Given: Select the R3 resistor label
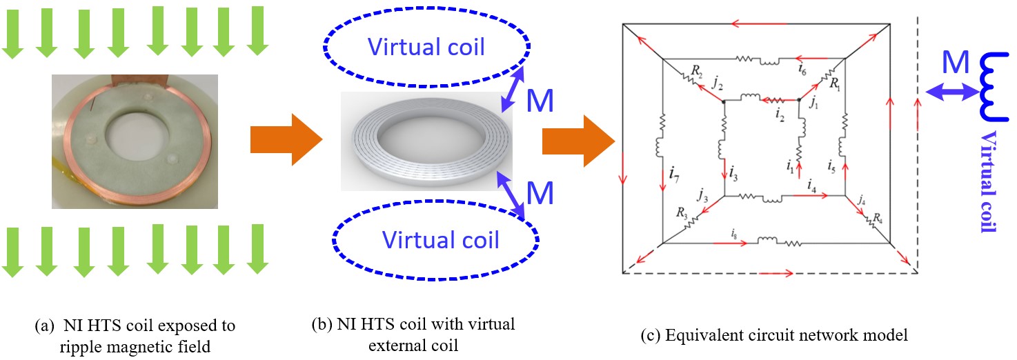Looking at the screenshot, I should (x=682, y=213).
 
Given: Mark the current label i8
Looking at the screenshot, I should (x=735, y=233).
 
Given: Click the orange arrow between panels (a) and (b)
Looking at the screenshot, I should (x=286, y=141).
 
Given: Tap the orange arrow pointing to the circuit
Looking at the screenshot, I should (x=578, y=141).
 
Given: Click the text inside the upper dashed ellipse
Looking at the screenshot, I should (x=426, y=47).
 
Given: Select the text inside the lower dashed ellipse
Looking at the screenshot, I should (x=440, y=239).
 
